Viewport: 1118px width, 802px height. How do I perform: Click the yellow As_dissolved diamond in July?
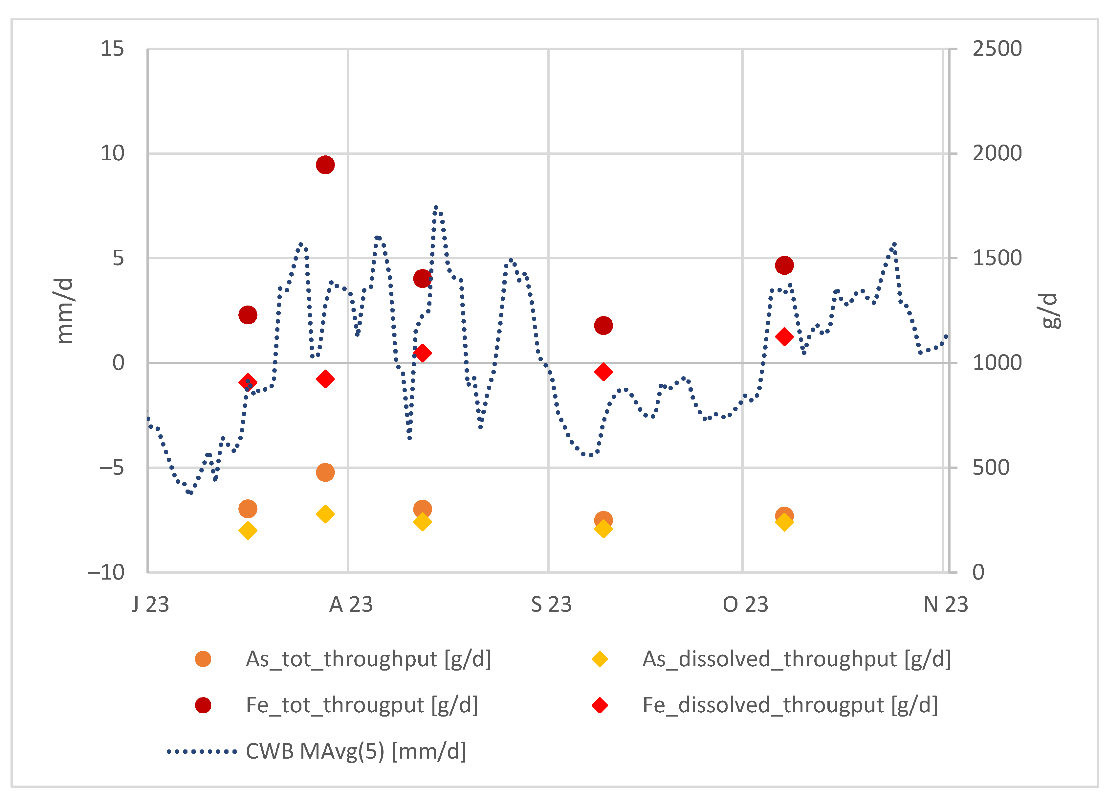click(x=248, y=531)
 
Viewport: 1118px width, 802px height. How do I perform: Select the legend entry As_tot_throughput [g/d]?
click(x=368, y=659)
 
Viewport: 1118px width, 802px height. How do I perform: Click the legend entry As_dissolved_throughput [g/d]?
click(x=796, y=659)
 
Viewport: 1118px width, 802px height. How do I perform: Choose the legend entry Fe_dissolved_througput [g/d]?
click(x=790, y=705)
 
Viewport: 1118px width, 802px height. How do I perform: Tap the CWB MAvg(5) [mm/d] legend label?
click(x=356, y=751)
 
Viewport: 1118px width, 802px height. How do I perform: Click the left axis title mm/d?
click(x=64, y=311)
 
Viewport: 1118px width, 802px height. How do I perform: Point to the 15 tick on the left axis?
click(x=112, y=49)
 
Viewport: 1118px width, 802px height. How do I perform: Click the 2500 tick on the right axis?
click(x=997, y=49)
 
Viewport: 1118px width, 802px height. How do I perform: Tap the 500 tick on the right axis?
click(x=991, y=468)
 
